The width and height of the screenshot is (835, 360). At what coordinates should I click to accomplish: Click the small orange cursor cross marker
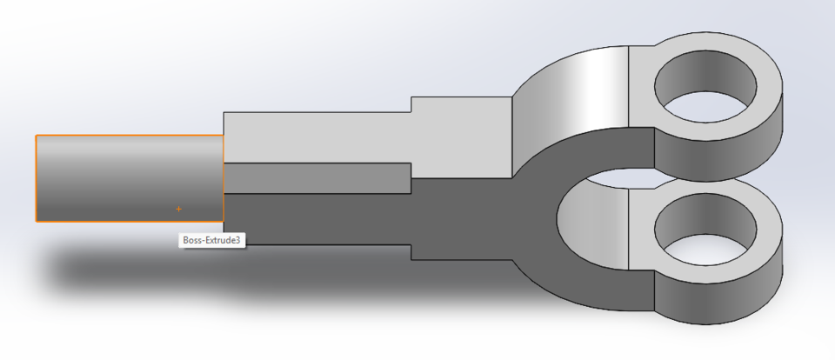pyautogui.click(x=179, y=209)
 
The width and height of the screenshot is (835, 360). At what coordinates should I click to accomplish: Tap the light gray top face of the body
pyautogui.click(x=313, y=137)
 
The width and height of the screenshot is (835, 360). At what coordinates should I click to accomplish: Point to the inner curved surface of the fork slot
pyautogui.click(x=591, y=217)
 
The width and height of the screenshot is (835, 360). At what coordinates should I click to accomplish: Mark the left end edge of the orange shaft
pyautogui.click(x=36, y=178)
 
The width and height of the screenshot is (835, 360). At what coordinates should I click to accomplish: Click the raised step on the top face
pyautogui.click(x=461, y=113)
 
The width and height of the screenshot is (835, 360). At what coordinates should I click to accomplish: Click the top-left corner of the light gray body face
pyautogui.click(x=224, y=113)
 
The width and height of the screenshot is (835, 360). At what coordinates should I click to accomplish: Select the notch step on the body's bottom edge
pyautogui.click(x=410, y=251)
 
